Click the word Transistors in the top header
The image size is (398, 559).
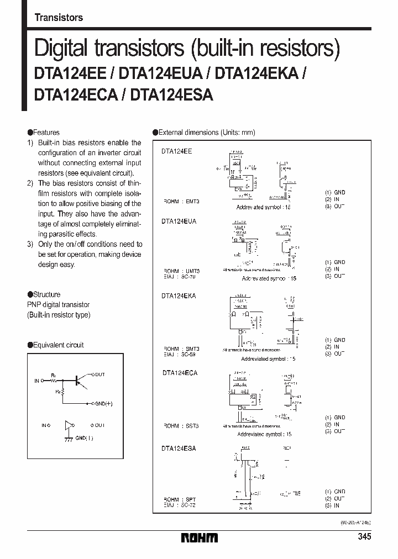pyautogui.click(x=59, y=17)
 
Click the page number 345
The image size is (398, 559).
pyautogui.click(x=364, y=537)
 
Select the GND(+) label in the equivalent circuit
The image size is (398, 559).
pyautogui.click(x=103, y=404)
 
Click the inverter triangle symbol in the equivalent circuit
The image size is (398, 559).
pyautogui.click(x=69, y=425)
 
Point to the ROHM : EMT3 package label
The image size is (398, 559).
pyautogui.click(x=181, y=202)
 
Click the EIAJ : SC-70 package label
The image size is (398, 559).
pyautogui.click(x=181, y=277)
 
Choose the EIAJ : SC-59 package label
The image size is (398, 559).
pyautogui.click(x=181, y=355)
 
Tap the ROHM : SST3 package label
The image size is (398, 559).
pyautogui.click(x=181, y=426)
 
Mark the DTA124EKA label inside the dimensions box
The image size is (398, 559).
pyautogui.click(x=179, y=296)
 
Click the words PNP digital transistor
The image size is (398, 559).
pyautogui.click(x=58, y=304)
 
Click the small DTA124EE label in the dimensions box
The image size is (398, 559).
pyautogui.click(x=177, y=150)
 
